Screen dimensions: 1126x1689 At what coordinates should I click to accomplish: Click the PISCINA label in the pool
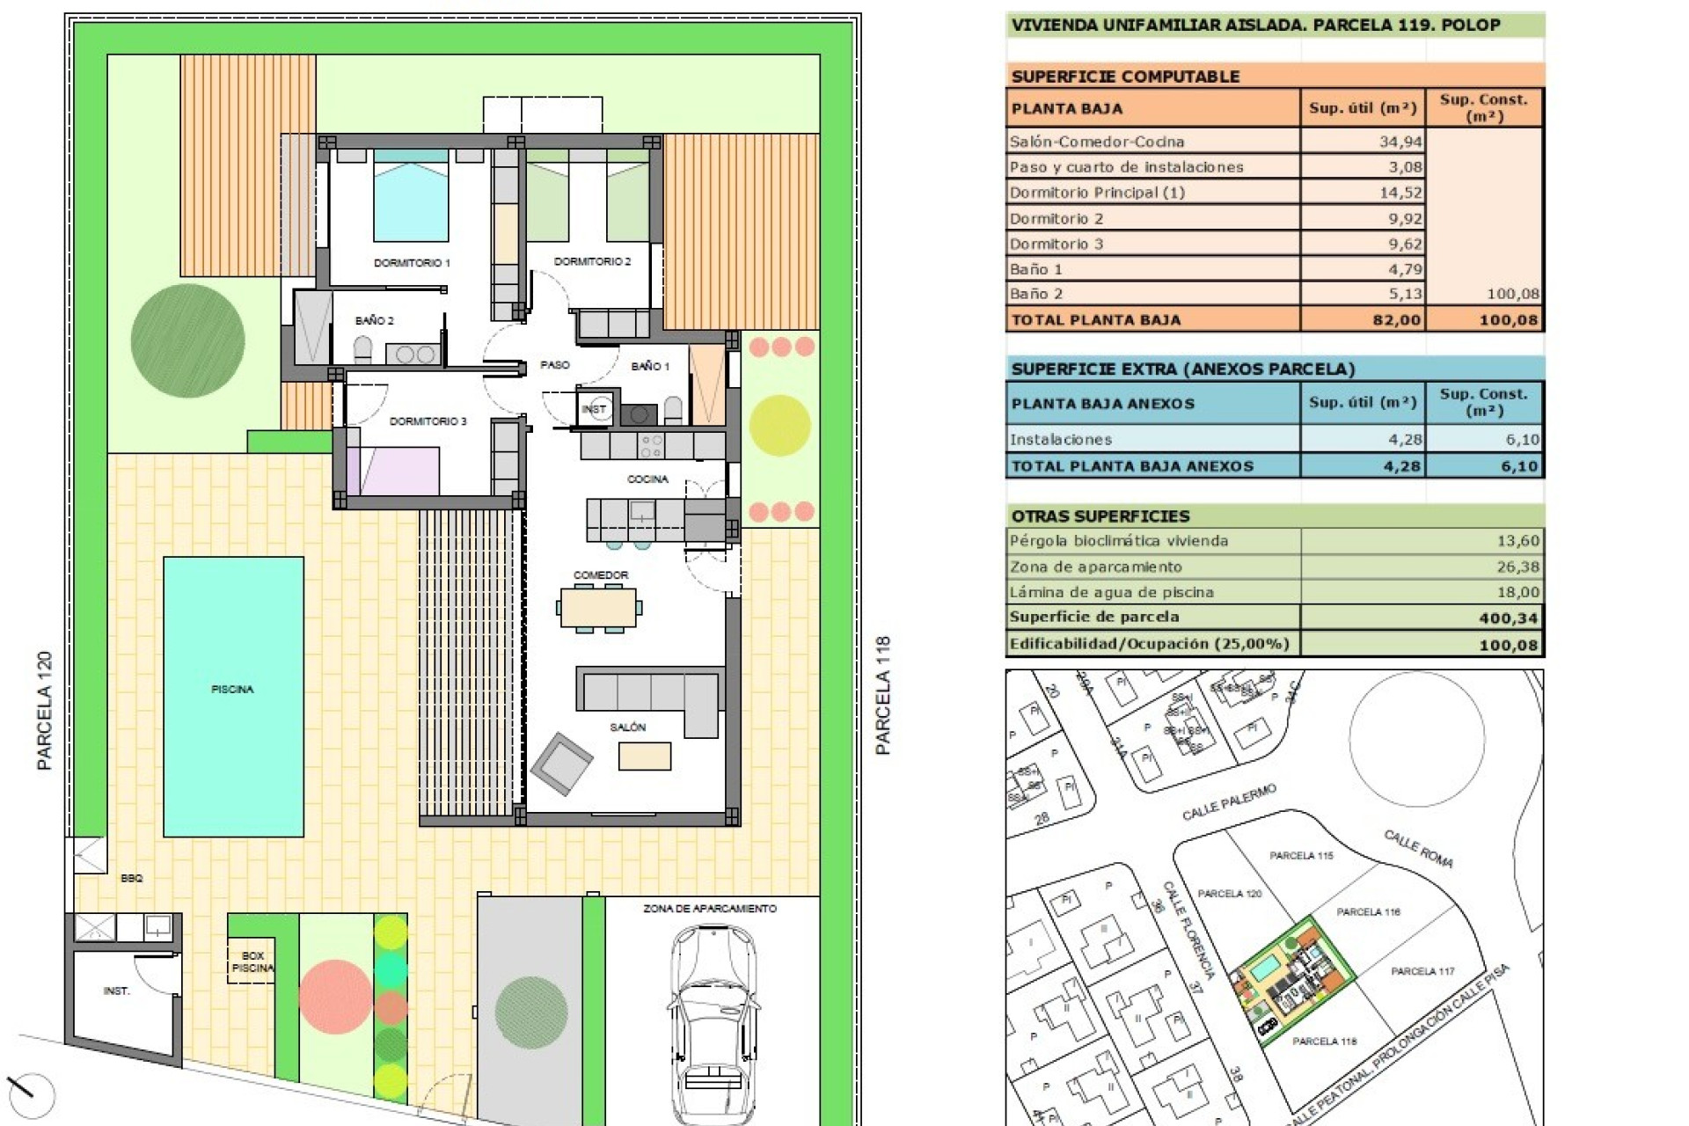point(232,689)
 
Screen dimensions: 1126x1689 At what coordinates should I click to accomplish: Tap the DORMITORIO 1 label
point(412,262)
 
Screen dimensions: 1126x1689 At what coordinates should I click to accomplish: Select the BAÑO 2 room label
point(375,320)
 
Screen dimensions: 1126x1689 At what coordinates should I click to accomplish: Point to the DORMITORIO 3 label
point(428,420)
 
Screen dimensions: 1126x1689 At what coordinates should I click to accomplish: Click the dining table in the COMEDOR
point(598,607)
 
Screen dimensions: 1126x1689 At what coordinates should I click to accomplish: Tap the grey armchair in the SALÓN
point(561,763)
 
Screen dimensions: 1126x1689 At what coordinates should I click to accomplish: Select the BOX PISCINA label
point(252,961)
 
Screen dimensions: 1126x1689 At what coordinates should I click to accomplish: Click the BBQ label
point(132,878)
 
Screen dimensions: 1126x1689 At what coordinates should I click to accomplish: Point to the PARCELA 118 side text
point(883,695)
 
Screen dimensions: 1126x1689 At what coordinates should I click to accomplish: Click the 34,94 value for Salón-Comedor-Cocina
point(1400,141)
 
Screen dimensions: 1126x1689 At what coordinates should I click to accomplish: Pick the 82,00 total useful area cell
point(1396,319)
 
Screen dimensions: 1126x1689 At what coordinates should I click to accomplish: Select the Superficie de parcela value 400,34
point(1508,618)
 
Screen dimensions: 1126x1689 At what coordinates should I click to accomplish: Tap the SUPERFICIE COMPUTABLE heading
point(1125,76)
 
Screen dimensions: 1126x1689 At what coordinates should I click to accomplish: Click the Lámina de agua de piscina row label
point(1111,592)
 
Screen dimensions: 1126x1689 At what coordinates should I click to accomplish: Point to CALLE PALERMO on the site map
point(1228,802)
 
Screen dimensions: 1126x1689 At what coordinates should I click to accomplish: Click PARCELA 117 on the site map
point(1422,971)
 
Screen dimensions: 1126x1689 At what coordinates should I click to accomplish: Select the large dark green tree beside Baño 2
point(187,340)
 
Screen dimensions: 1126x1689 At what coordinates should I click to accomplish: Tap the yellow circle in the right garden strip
point(779,425)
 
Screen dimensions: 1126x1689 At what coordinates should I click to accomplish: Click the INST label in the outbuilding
point(116,991)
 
